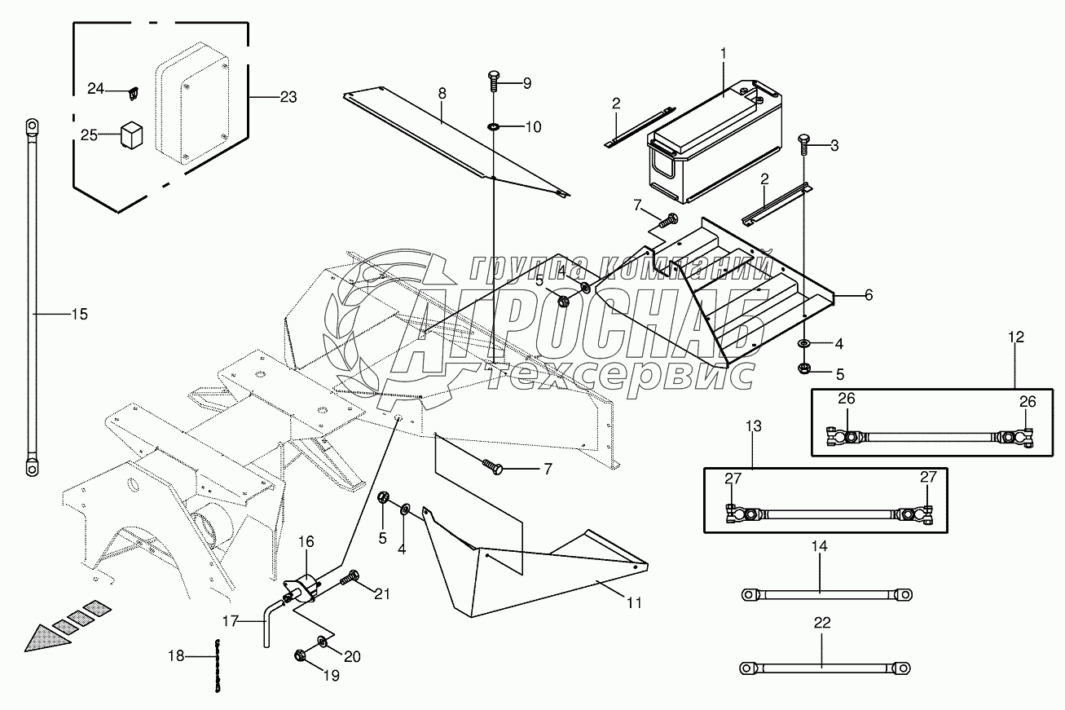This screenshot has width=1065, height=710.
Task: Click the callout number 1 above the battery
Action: pos(722,54)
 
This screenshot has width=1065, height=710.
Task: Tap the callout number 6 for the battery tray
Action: pos(868,295)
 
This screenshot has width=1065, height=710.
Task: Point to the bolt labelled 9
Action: pos(494,82)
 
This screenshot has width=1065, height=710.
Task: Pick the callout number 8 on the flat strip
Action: pos(442,93)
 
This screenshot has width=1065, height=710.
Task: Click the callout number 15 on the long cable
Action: pos(79,314)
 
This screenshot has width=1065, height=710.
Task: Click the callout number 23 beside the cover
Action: pos(288,97)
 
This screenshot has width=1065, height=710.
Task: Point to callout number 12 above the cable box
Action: pos(1015,337)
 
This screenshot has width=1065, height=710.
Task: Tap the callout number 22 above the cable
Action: pos(822,623)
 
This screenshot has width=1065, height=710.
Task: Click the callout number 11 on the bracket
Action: pos(634,603)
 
